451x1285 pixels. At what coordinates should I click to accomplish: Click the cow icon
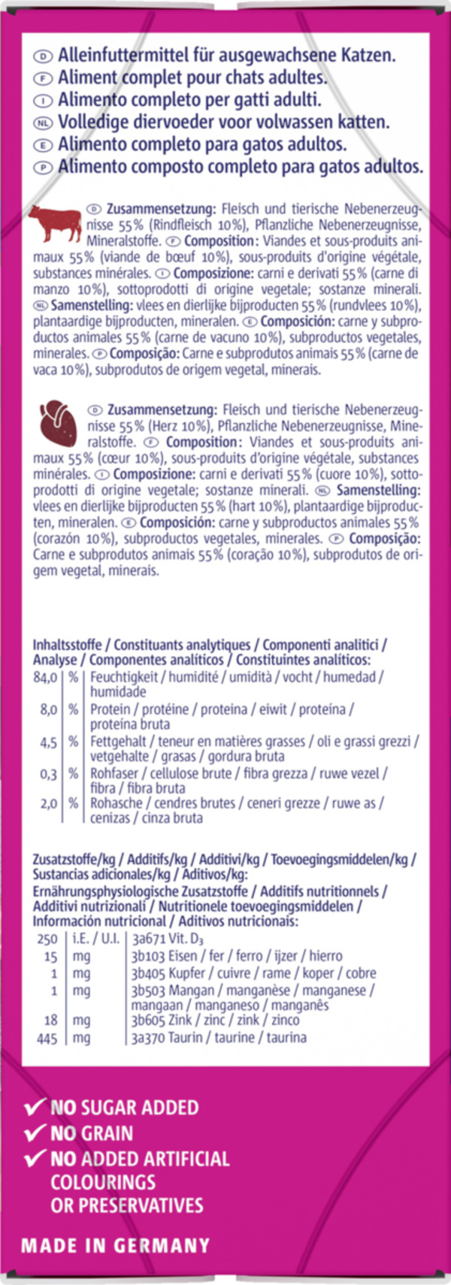click(55, 223)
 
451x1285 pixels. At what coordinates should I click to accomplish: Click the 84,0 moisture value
click(45, 676)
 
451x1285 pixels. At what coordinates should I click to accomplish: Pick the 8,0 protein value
click(48, 709)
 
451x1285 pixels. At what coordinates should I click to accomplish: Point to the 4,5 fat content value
click(48, 742)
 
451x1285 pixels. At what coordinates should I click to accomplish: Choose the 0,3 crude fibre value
click(48, 773)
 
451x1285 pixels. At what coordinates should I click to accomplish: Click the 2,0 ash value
click(48, 803)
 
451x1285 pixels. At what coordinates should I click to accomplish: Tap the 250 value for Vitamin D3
click(47, 939)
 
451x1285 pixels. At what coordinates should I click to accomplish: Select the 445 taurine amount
click(47, 1038)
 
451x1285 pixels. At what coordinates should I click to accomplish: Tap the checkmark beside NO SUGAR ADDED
click(35, 1107)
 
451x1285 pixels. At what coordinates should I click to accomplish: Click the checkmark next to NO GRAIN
click(35, 1132)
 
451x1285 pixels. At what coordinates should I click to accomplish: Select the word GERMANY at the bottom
click(162, 1245)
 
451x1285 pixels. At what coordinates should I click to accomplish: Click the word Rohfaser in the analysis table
click(116, 773)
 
